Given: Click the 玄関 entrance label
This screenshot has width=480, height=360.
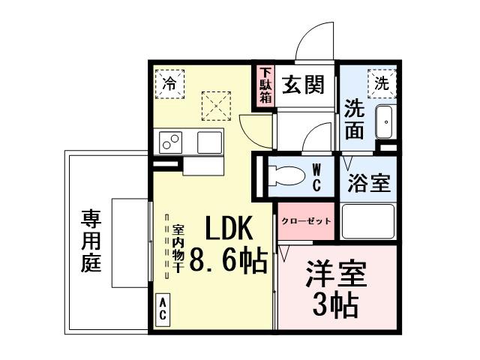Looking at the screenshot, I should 303,85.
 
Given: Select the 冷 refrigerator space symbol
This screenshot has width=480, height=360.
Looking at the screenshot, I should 170,82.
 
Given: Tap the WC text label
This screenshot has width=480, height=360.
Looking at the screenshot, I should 316,178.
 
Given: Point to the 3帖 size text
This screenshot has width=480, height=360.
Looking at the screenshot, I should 335,304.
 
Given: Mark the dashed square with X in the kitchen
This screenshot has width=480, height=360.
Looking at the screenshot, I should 217,105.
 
